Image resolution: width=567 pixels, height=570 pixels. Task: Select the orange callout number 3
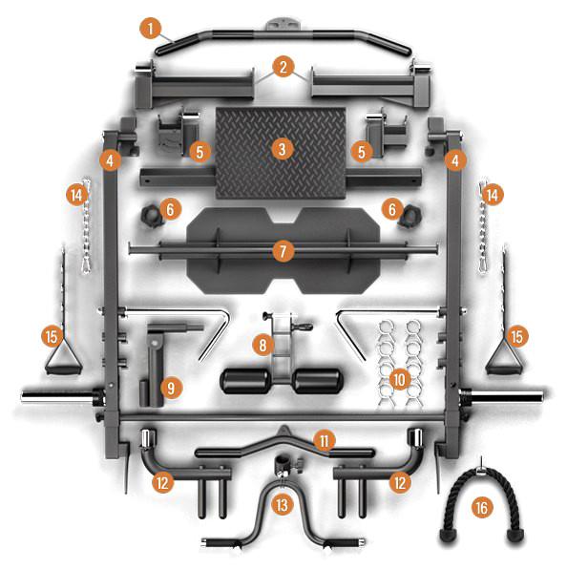(281, 149)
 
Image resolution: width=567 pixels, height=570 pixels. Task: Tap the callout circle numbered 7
(281, 251)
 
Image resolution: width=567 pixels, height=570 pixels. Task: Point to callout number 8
(261, 342)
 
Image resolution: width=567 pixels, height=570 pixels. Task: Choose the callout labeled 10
(400, 379)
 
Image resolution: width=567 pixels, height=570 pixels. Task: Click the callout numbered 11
(325, 440)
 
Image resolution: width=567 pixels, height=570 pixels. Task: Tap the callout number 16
(481, 508)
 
